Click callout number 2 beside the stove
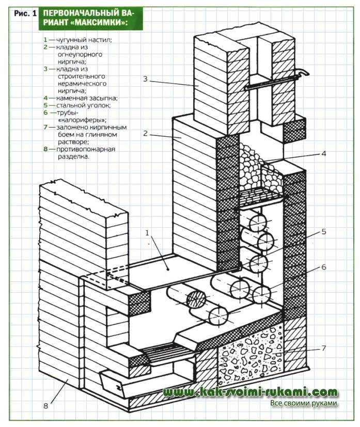coord(146,133)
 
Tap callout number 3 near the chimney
coord(146,78)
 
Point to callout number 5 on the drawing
coord(324,231)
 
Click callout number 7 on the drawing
coord(324,348)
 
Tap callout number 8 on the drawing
coord(45,406)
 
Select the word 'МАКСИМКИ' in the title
coord(98,24)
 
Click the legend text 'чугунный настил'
coord(75,39)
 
